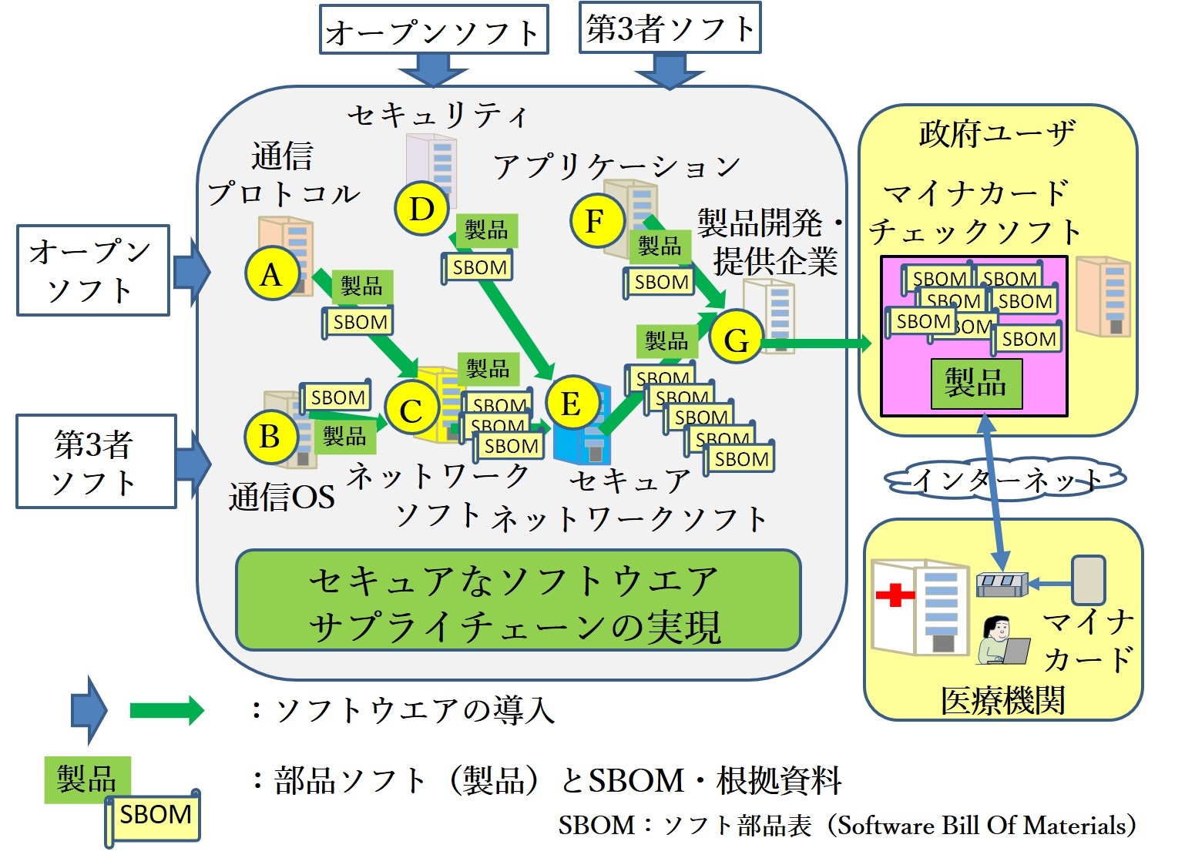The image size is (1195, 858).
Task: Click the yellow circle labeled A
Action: pos(272,273)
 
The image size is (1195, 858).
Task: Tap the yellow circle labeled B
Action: pos(270,437)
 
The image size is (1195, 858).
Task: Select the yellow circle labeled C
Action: pos(411,410)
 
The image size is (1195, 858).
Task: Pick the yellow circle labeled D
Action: pos(421,209)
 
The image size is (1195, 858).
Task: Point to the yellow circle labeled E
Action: pos(571,403)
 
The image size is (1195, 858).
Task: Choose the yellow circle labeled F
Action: pos(596,221)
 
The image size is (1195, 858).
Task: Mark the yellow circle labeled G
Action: pos(736,339)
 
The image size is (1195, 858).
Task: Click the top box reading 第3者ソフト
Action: pos(670,28)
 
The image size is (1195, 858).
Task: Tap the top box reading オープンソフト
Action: pos(433,31)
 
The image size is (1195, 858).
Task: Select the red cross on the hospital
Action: pos(895,595)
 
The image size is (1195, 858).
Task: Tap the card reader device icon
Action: pos(1002,585)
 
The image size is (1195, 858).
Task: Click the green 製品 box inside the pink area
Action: pos(975,383)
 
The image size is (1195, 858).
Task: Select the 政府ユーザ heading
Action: pos(997,133)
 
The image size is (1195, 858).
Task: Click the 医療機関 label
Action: pos(1002,700)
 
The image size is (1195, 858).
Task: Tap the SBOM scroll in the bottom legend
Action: pos(154,816)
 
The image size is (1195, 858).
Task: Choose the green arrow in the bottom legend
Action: pos(165,709)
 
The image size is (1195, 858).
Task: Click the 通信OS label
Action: pos(281,497)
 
